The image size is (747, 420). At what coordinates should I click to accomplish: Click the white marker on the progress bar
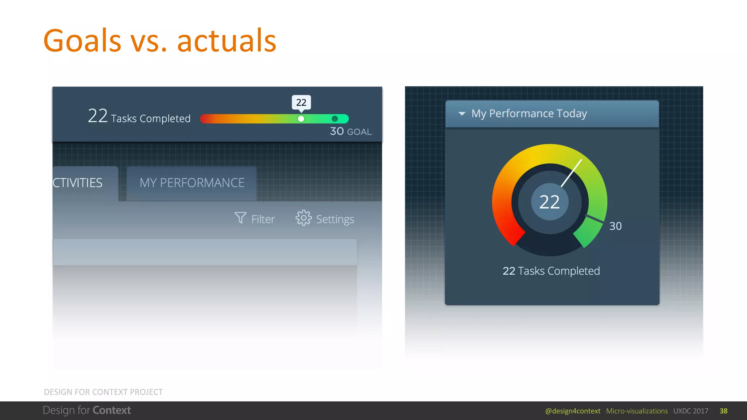click(301, 119)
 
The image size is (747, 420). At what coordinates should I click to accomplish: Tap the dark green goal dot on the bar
click(335, 119)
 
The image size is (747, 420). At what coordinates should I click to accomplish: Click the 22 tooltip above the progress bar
click(301, 102)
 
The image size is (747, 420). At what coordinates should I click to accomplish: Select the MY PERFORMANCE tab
click(192, 183)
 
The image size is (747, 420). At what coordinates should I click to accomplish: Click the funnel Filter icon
click(240, 218)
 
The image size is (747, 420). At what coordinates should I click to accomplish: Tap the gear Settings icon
click(303, 218)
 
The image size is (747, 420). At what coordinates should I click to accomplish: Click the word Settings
click(335, 219)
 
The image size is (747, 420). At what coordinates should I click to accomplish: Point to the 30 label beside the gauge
click(615, 226)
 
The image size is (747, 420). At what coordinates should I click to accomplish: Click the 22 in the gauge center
click(549, 202)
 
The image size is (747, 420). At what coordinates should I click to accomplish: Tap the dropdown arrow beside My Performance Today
click(462, 114)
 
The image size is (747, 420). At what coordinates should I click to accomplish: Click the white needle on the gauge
click(572, 173)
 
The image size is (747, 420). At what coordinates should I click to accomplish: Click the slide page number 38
click(724, 411)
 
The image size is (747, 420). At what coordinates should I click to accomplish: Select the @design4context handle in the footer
click(573, 411)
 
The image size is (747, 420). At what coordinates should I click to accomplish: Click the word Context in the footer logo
click(112, 411)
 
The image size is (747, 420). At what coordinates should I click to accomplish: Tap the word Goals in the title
click(82, 41)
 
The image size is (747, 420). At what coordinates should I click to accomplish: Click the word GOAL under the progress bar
click(359, 132)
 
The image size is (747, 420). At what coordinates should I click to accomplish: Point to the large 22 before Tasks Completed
click(98, 116)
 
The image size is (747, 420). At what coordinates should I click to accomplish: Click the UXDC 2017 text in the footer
click(691, 411)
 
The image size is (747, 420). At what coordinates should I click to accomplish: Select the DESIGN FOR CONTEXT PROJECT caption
click(103, 392)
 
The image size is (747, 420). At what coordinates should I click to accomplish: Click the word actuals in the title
click(227, 41)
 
